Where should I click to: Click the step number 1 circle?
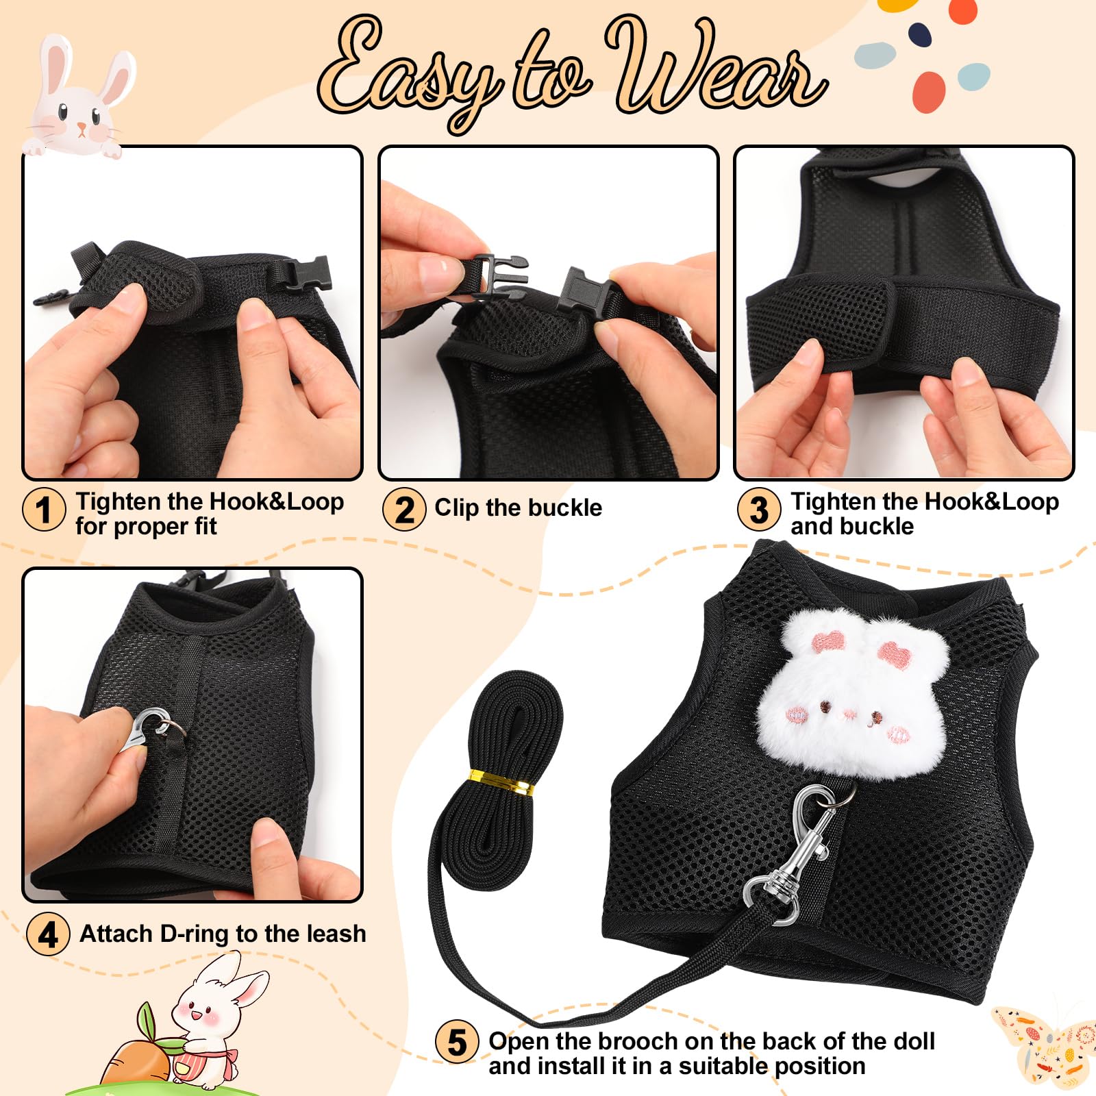click(x=44, y=510)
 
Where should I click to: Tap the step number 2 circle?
click(x=404, y=510)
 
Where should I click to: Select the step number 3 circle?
click(x=758, y=510)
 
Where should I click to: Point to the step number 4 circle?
click(x=47, y=934)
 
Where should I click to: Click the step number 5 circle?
click(x=457, y=1042)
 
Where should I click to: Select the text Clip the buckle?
click(x=518, y=508)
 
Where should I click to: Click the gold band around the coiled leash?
click(x=501, y=782)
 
